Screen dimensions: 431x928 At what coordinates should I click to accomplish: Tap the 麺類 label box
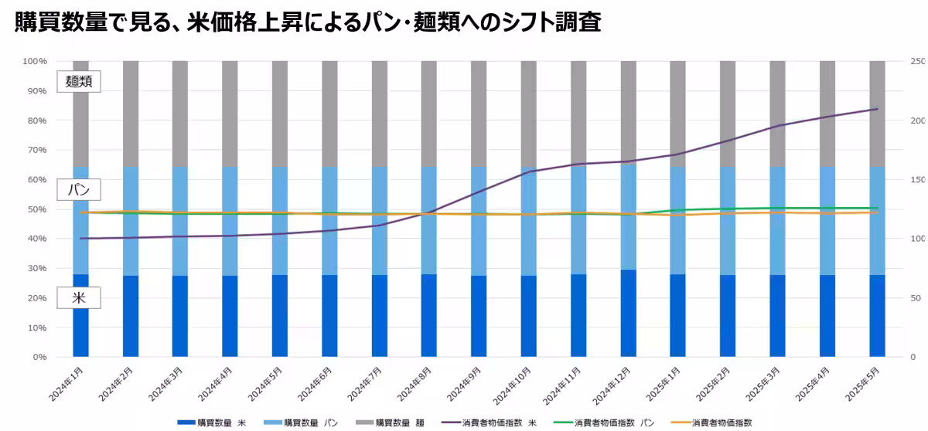[79, 81]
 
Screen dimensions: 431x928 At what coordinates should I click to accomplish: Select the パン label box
[79, 189]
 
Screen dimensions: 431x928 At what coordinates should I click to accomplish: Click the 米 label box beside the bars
[79, 298]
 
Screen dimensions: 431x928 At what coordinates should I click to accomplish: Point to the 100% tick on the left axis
[35, 61]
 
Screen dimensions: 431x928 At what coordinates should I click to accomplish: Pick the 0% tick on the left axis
[39, 357]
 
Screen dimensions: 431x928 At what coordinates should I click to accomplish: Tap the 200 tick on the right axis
[917, 120]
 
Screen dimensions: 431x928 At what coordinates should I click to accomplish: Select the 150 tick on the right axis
[917, 180]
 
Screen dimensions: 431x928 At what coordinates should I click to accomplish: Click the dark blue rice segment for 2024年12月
[628, 313]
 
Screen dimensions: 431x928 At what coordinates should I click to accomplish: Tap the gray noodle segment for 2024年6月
[329, 114]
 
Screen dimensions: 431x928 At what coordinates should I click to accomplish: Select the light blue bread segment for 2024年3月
[180, 221]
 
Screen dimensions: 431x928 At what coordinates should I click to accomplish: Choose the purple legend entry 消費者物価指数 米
[490, 423]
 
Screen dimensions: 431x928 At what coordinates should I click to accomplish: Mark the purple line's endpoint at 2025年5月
[877, 109]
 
